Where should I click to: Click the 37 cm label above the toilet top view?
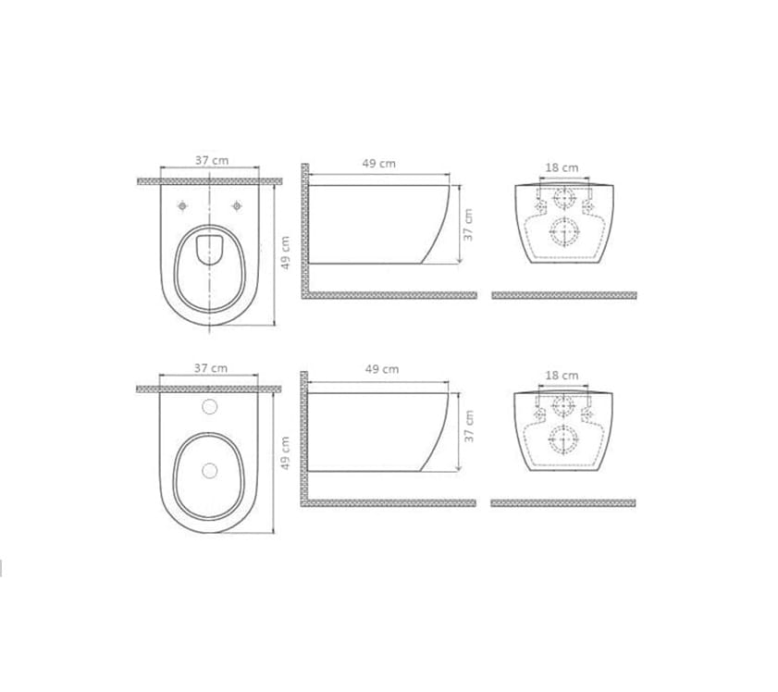pos(212,161)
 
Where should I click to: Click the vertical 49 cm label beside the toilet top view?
pos(285,253)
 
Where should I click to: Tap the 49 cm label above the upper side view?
pos(379,164)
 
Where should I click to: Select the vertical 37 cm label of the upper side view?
pos(468,225)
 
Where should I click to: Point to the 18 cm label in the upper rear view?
pos(562,168)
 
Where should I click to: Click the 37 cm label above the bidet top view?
pos(211,368)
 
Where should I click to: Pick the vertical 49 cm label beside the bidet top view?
pos(285,453)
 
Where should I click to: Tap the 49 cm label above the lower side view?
pos(382,369)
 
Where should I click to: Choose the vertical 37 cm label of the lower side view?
pos(469,426)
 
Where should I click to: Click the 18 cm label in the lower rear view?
pos(562,376)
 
